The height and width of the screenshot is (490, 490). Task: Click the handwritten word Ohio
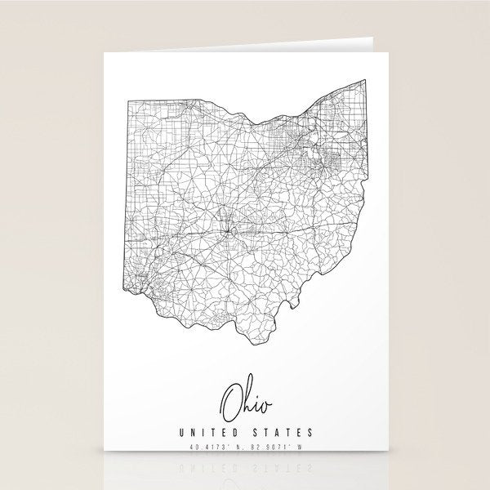pyautogui.click(x=244, y=399)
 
